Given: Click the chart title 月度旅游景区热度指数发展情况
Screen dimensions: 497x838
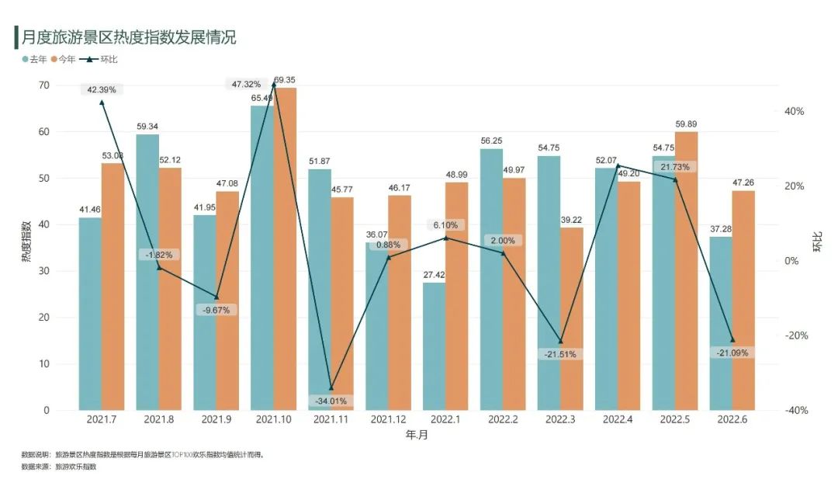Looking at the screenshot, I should (x=129, y=36).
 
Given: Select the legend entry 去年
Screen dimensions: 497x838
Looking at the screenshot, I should (x=34, y=59).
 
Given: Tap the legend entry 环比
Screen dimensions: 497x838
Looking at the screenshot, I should (x=102, y=59).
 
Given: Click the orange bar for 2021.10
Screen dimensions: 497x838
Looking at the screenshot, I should (x=286, y=248).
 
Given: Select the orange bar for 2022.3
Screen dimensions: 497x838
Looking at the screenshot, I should (x=571, y=318).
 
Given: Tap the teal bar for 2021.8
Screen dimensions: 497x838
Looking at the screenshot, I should (x=147, y=272).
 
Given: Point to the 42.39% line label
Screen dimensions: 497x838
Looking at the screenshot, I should (x=102, y=89).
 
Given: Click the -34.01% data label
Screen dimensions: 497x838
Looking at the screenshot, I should (x=331, y=401).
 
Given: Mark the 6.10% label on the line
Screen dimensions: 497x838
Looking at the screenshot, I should (x=445, y=225).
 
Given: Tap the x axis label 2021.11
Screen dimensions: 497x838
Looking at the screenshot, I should (x=331, y=419).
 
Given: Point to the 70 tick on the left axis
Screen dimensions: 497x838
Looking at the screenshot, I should (x=44, y=85).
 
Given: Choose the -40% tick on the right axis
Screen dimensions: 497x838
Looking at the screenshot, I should (x=794, y=411).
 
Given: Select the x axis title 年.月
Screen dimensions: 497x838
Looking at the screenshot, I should (x=417, y=436).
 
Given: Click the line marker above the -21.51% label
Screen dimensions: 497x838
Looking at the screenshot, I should (x=560, y=342).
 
